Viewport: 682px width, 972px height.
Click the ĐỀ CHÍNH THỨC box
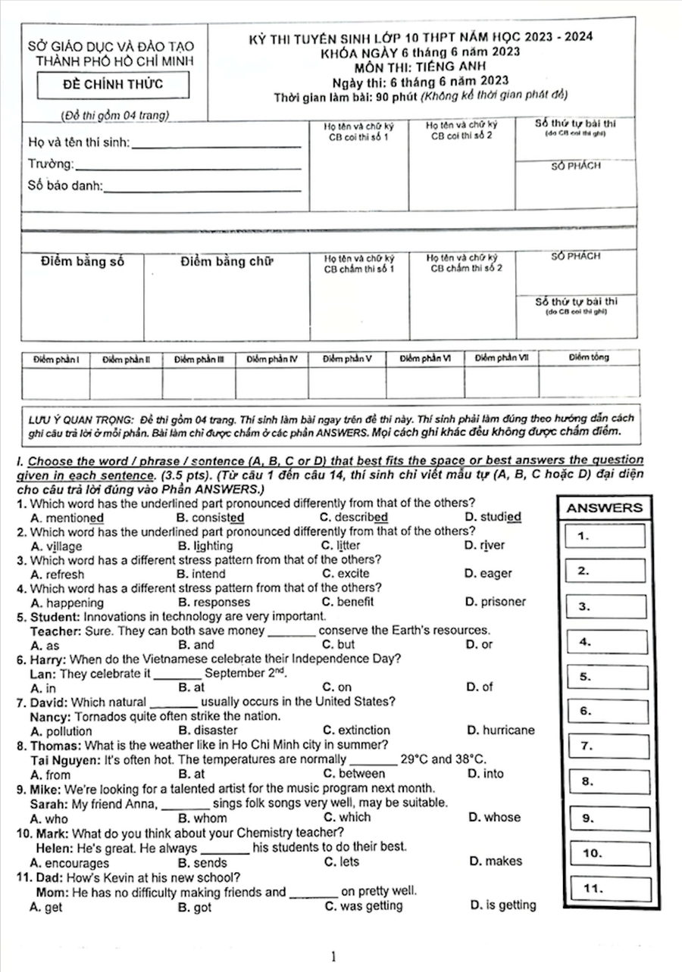(x=113, y=84)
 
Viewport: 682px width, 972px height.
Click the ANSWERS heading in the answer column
(x=604, y=509)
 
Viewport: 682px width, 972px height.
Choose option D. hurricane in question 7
(x=501, y=731)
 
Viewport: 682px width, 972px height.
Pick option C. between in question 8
(x=353, y=774)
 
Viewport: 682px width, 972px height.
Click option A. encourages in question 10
(x=70, y=863)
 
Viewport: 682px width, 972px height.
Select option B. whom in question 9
(x=202, y=818)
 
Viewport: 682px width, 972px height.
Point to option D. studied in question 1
(x=493, y=517)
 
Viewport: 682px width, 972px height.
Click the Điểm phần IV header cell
(x=272, y=359)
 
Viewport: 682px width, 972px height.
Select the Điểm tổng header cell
(x=589, y=357)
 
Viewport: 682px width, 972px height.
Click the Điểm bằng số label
(x=82, y=262)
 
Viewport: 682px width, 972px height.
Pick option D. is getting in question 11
(x=503, y=905)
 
